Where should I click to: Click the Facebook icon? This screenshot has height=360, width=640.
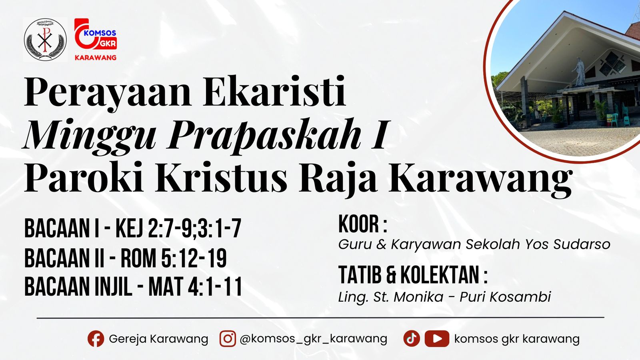tap(96, 339)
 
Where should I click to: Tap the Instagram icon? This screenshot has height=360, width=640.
tap(228, 339)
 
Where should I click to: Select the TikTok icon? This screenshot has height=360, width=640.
tap(411, 339)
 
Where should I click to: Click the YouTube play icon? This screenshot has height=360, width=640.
tap(437, 339)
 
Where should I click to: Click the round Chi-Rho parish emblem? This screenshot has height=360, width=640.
tap(45, 40)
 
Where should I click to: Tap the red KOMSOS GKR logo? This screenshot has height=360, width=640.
tap(96, 39)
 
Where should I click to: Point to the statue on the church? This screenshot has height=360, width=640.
tap(578, 72)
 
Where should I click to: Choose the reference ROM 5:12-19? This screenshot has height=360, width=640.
tap(174, 258)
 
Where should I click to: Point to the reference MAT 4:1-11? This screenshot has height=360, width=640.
tap(195, 287)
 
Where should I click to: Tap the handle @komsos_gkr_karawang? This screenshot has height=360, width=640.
tap(313, 339)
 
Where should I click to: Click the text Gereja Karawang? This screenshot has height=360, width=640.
tap(158, 339)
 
